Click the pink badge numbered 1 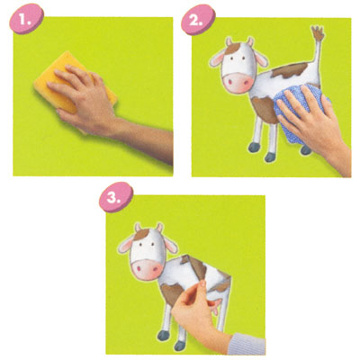27,19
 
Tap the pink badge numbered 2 198,20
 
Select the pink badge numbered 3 116,197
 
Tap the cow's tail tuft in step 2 318,33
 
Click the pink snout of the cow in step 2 238,82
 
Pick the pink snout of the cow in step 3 148,269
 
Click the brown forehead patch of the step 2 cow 232,48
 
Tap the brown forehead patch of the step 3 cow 141,234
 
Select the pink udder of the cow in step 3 217,306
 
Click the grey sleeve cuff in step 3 247,344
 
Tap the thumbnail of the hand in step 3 203,283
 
